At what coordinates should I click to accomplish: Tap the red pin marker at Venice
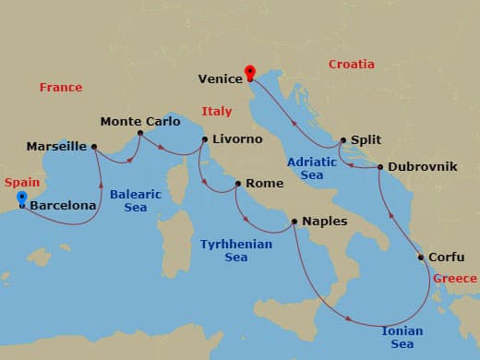pyautogui.click(x=249, y=72)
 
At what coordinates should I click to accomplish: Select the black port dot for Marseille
pyautogui.click(x=95, y=146)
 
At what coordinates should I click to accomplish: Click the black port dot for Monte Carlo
pyautogui.click(x=140, y=133)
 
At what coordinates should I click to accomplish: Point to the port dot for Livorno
pyautogui.click(x=205, y=139)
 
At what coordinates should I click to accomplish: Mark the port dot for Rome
pyautogui.click(x=238, y=184)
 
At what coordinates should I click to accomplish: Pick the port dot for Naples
pyautogui.click(x=294, y=222)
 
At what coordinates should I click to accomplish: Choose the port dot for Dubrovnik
pyautogui.click(x=380, y=167)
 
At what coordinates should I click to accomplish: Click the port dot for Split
pyautogui.click(x=342, y=140)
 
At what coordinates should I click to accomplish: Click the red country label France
pyautogui.click(x=61, y=87)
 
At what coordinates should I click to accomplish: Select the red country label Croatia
pyautogui.click(x=352, y=65)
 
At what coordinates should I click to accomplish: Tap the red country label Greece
pyautogui.click(x=455, y=279)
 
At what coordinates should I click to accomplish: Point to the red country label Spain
pyautogui.click(x=22, y=183)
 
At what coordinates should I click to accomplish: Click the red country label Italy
pyautogui.click(x=217, y=112)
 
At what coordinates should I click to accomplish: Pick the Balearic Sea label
pyautogui.click(x=135, y=200)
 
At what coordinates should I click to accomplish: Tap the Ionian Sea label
pyautogui.click(x=402, y=336)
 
